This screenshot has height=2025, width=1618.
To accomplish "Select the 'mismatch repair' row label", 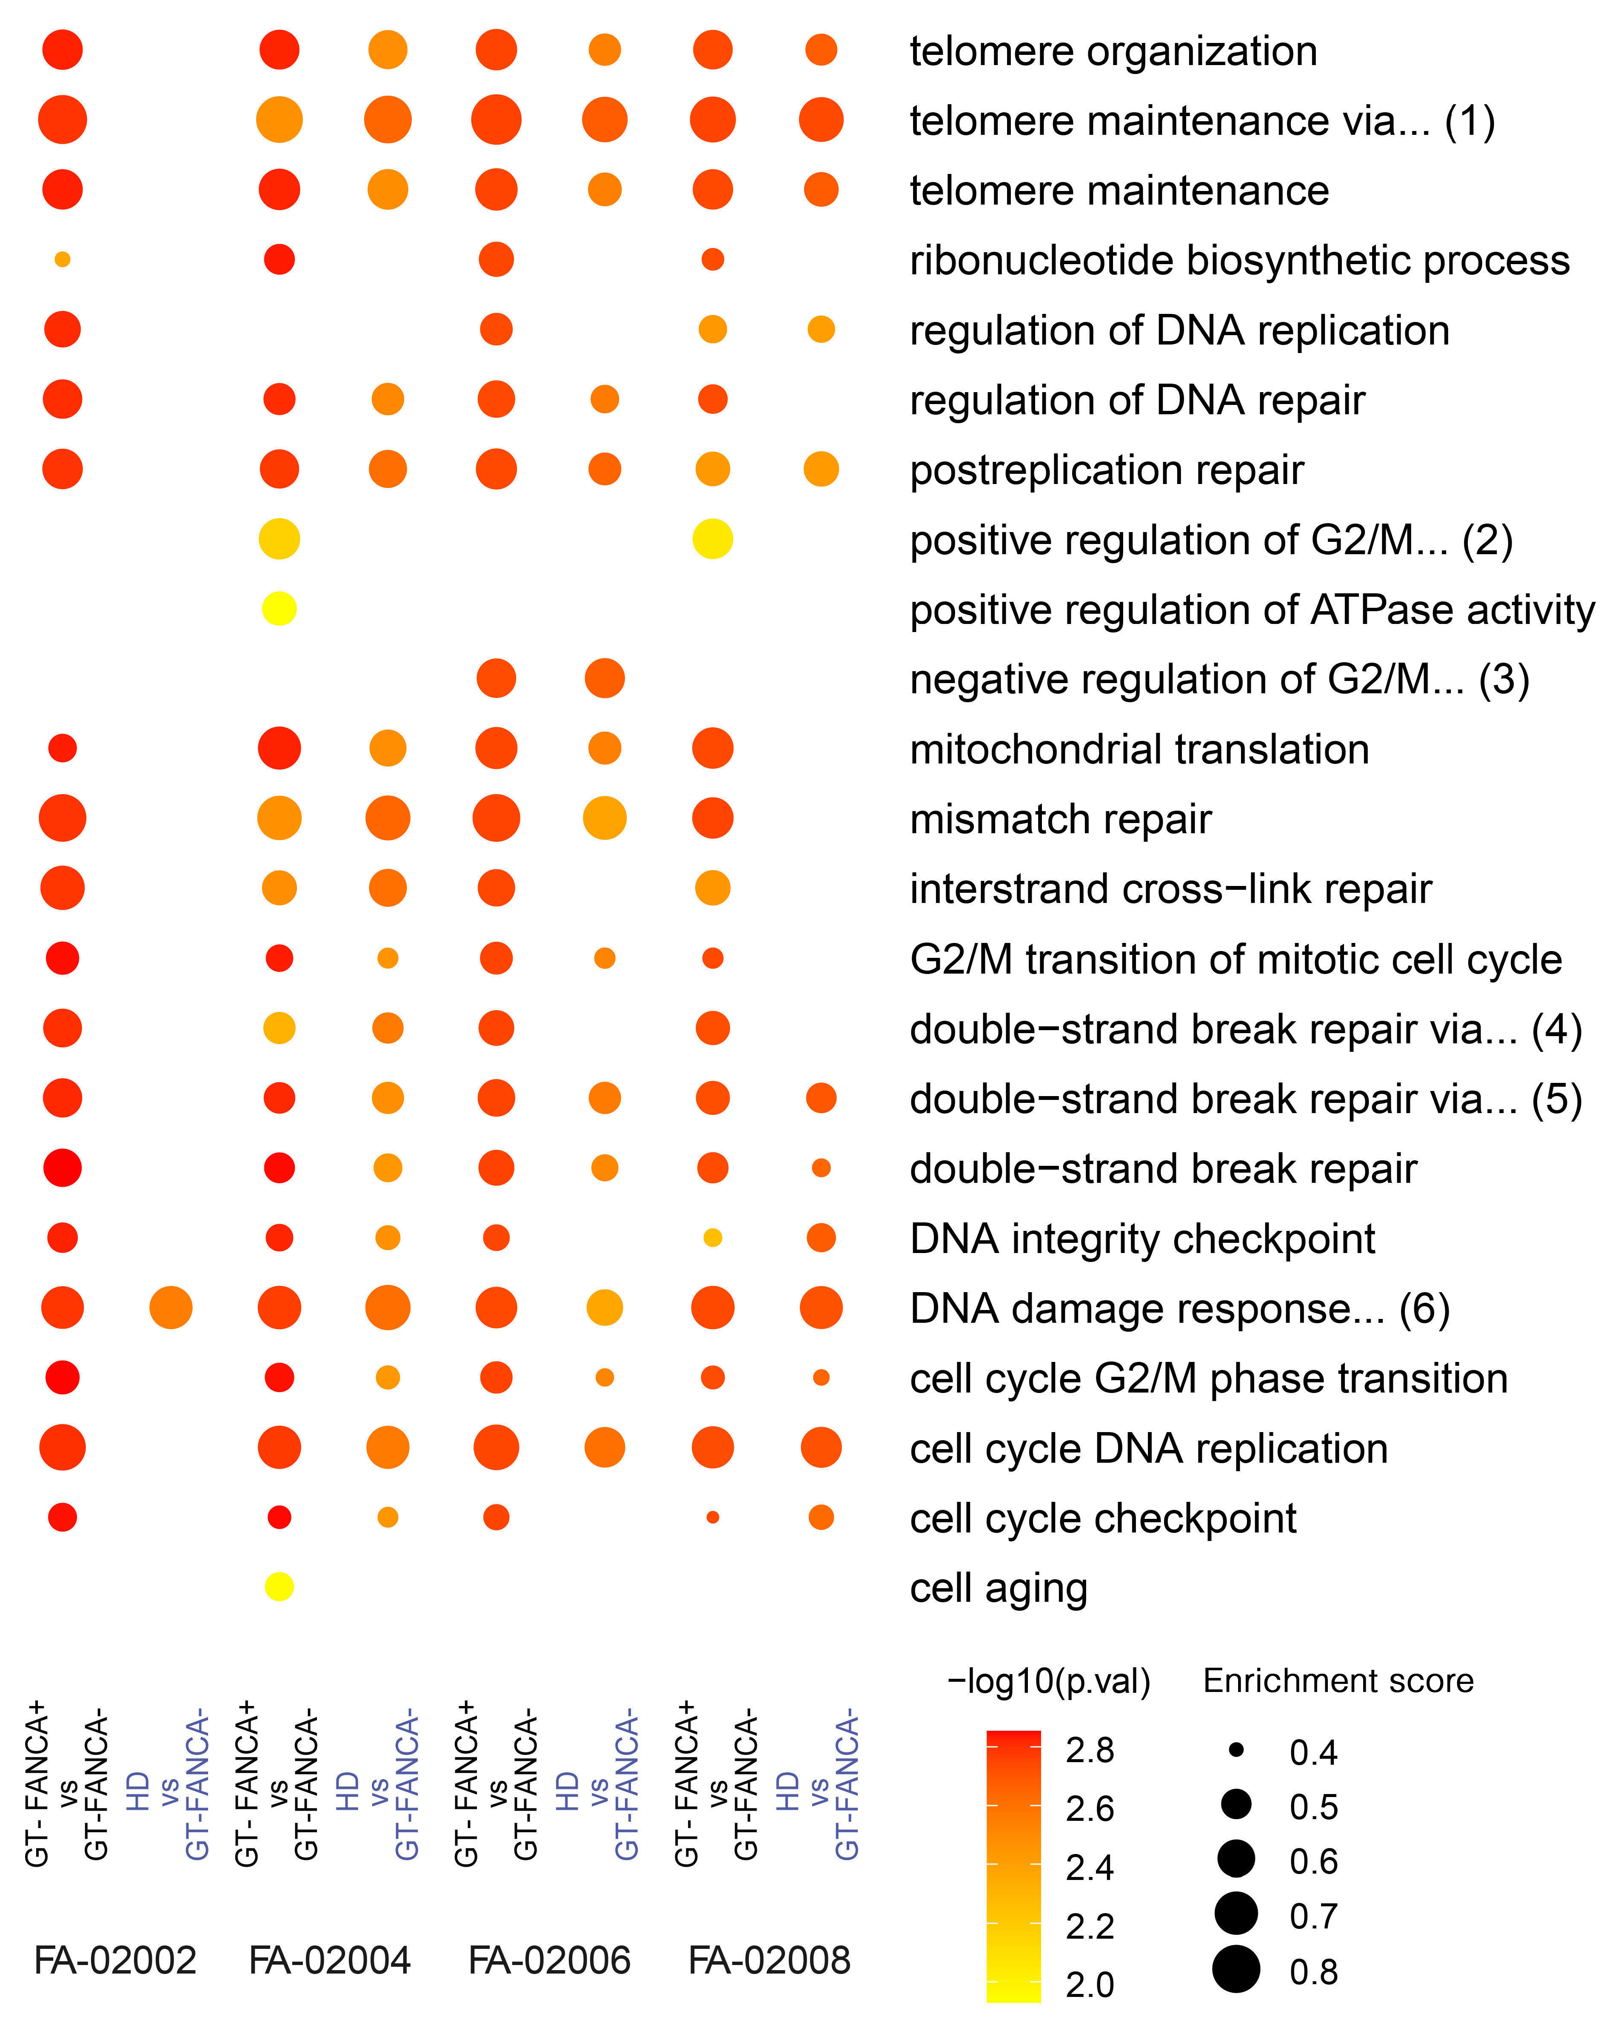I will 1060,819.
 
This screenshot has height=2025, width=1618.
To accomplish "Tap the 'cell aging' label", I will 998,1588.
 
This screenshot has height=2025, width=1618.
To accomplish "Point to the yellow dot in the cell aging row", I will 279,1587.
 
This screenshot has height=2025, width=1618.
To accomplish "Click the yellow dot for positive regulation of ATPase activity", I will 279,609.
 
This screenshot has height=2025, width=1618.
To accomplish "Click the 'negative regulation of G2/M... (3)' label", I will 1218,679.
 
